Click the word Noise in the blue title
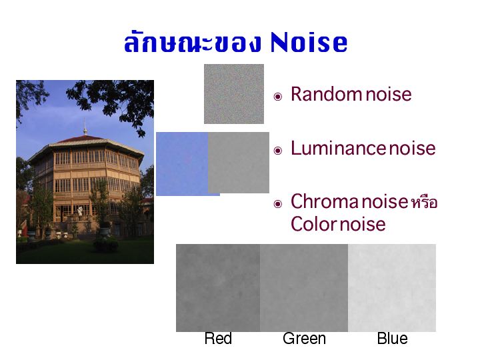(x=309, y=42)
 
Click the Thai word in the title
(x=192, y=42)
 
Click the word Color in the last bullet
(x=314, y=224)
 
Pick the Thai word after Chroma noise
(x=424, y=203)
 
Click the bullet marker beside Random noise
(x=277, y=97)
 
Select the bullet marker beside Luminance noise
(x=277, y=150)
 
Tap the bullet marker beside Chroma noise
(x=277, y=203)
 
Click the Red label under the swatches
(x=218, y=339)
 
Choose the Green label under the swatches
(x=304, y=339)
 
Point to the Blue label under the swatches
(x=392, y=339)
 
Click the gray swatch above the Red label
(x=218, y=288)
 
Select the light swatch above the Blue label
(x=392, y=288)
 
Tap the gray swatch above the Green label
(x=304, y=288)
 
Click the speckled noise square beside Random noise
(x=234, y=94)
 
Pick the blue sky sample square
(x=182, y=164)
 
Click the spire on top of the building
(x=85, y=126)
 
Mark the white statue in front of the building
(x=80, y=211)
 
